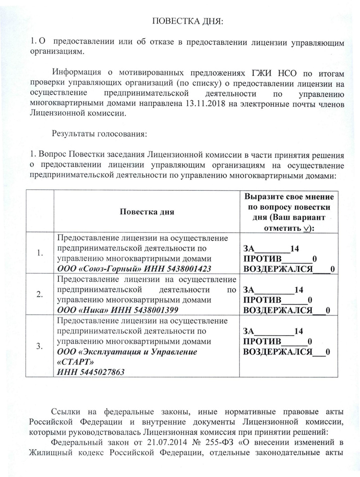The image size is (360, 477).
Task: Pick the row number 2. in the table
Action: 40,295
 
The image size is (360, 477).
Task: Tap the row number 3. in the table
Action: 40,346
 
